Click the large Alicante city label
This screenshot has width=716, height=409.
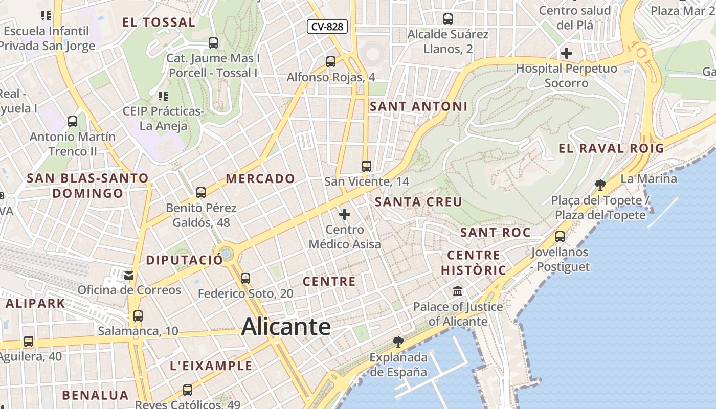tap(286, 326)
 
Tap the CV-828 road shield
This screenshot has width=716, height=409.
tap(327, 27)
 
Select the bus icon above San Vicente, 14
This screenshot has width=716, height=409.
tap(366, 166)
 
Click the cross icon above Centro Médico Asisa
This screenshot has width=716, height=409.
tap(345, 214)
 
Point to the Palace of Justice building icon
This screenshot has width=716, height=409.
tap(458, 291)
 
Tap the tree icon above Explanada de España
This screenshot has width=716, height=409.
tap(398, 342)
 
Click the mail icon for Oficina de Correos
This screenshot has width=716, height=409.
tap(128, 275)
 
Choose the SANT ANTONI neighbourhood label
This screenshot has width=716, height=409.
tap(418, 106)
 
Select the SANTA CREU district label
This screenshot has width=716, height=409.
tap(418, 202)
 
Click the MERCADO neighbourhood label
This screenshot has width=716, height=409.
tap(260, 178)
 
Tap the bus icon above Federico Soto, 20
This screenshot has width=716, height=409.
tap(245, 278)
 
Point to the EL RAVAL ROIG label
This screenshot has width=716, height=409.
tap(611, 148)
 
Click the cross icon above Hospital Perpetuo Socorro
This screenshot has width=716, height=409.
tap(566, 53)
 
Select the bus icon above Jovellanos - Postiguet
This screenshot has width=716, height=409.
tap(560, 236)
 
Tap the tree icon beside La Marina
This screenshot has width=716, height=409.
tap(600, 185)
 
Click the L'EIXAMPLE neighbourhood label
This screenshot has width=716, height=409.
tap(211, 366)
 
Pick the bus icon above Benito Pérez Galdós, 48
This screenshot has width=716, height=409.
tap(201, 192)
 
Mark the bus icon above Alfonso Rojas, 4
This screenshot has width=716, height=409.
tap(331, 62)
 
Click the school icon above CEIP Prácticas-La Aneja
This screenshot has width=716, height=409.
tap(163, 96)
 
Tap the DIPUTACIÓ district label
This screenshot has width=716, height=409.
tap(185, 260)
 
